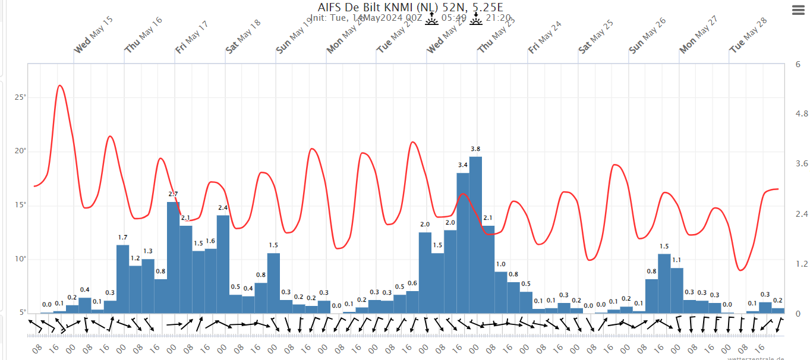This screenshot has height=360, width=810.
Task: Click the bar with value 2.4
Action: click(223, 264)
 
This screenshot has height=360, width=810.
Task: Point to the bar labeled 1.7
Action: click(122, 279)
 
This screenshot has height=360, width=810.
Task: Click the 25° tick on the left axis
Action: click(20, 97)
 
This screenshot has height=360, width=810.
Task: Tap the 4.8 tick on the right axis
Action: click(786, 113)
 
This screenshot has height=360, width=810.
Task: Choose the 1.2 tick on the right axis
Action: click(786, 263)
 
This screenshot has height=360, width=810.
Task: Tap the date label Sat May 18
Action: click(243, 36)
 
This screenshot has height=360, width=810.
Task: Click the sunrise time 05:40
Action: click(453, 18)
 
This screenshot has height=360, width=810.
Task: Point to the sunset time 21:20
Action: click(497, 18)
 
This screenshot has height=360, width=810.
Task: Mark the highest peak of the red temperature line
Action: click(60, 86)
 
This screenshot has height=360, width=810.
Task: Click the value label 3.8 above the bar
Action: click(475, 149)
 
